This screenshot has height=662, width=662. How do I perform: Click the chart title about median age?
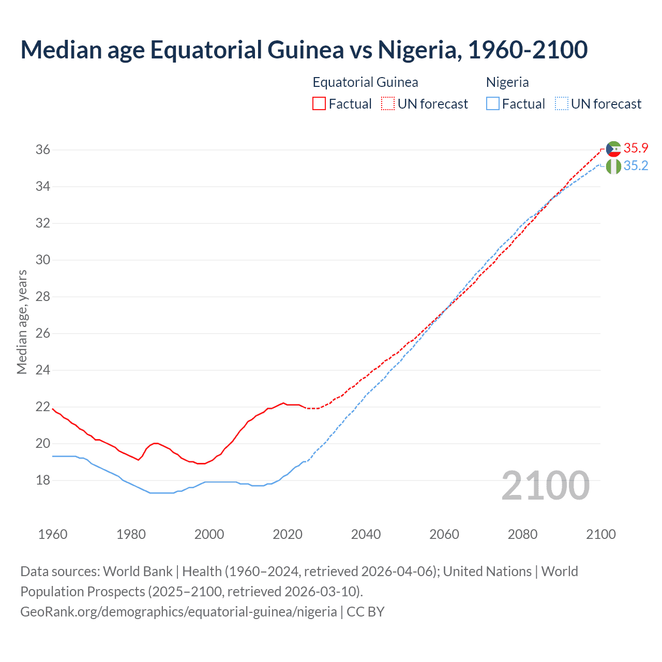304,50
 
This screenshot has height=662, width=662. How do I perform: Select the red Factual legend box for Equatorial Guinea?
319,103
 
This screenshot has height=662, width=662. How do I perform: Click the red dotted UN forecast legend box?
388,103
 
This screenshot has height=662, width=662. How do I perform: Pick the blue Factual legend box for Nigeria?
493,103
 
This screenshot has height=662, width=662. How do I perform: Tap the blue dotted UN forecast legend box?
561,103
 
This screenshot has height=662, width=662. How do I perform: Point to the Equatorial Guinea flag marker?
613,149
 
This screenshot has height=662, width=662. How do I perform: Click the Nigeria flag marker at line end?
613,167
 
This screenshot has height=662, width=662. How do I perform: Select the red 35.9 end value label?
636,148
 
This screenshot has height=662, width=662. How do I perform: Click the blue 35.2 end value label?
636,166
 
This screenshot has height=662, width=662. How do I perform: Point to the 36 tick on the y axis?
42,150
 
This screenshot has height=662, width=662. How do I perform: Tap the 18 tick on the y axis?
42,480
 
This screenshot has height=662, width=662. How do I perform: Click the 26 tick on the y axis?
42,334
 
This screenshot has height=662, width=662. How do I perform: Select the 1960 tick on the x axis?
53,534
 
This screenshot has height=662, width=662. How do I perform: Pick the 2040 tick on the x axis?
366,534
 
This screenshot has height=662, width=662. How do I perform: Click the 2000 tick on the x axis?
209,534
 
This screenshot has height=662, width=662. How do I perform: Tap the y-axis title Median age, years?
22,322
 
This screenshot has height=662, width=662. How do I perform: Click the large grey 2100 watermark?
545,485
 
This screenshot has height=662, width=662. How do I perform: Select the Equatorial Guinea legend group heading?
365,82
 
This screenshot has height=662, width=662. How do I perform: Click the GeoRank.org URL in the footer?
178,612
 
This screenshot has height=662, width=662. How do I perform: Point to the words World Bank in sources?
138,571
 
